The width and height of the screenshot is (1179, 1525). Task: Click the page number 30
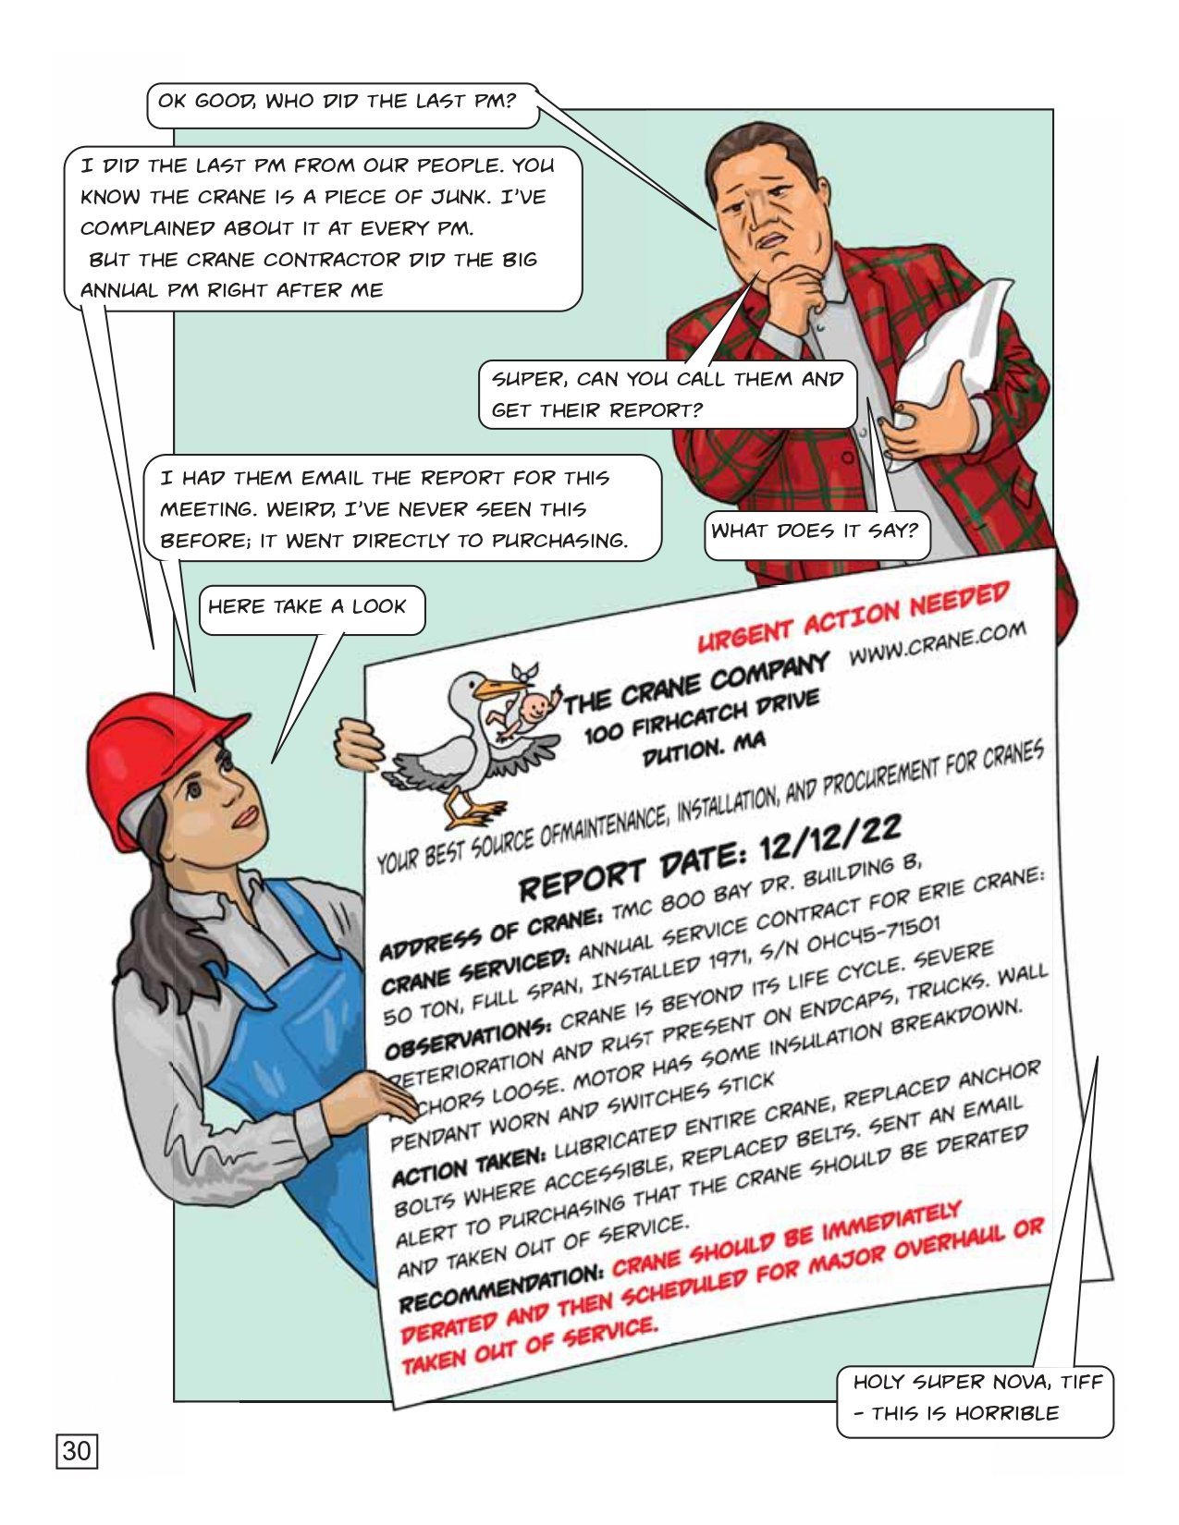pos(77,1450)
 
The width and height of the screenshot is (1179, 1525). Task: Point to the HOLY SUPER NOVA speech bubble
pos(976,1397)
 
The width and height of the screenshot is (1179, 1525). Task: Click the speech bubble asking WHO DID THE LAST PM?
pos(338,100)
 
